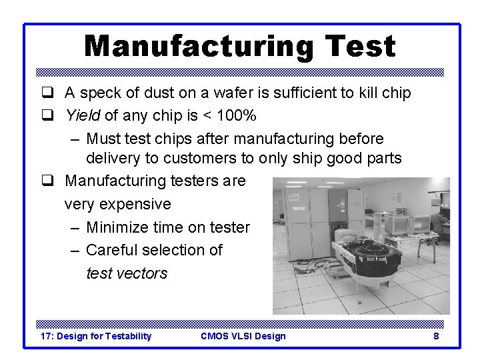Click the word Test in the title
[x=360, y=47]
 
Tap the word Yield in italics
[x=83, y=116]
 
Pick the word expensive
[x=117, y=204]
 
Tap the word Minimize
[x=117, y=227]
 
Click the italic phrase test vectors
[x=127, y=273]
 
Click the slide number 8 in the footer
[x=436, y=336]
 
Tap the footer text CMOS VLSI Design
[x=243, y=336]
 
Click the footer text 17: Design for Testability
[x=96, y=336]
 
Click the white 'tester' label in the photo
[x=299, y=209]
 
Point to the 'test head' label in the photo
[x=376, y=259]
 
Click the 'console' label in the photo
[x=424, y=237]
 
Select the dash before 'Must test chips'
[x=75, y=139]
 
